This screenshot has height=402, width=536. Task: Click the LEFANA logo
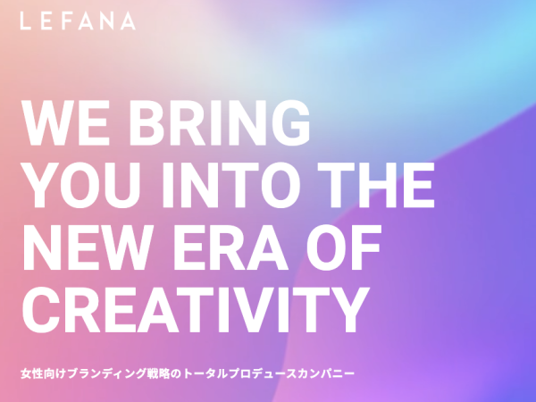tap(78, 21)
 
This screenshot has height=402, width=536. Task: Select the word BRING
tap(220, 122)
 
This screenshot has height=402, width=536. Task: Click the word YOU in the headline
tap(81, 185)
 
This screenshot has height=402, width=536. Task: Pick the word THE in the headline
tap(376, 185)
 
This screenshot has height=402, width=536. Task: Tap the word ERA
tap(231, 247)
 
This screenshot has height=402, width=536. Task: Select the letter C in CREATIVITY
tap(41, 310)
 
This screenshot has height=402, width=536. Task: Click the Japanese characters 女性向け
tap(43, 373)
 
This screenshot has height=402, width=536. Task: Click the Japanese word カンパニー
tap(326, 373)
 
